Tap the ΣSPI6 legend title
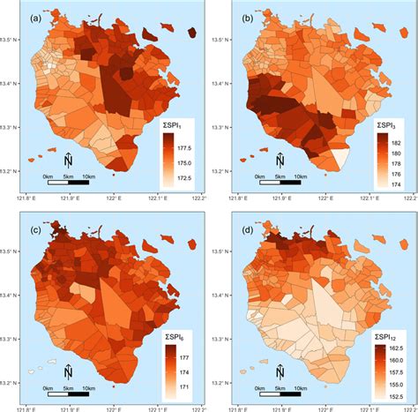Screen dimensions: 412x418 [177, 335]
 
